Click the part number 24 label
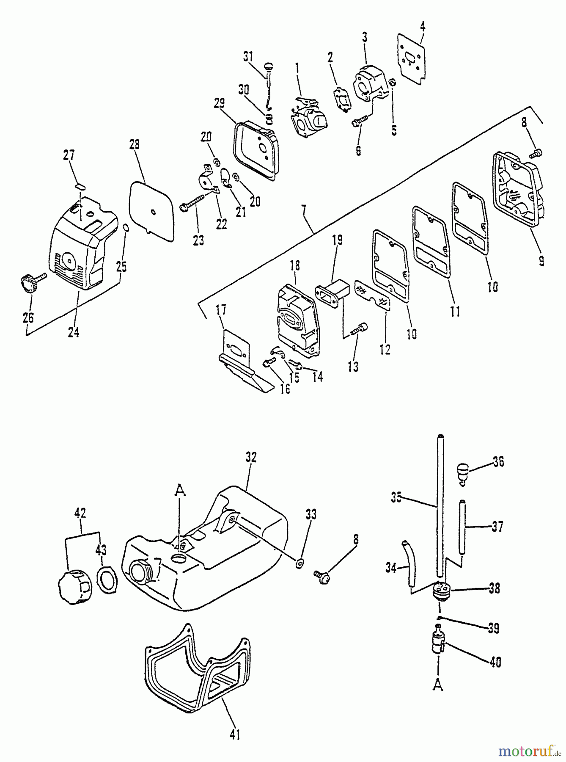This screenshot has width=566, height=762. tap(73, 332)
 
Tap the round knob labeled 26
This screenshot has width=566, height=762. tap(29, 283)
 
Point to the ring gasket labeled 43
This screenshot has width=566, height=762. tap(105, 577)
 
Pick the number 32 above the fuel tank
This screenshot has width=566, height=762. tap(250, 457)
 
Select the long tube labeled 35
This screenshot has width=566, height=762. tap(440, 508)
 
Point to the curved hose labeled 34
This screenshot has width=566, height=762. tap(410, 563)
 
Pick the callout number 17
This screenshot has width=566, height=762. tap(221, 310)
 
